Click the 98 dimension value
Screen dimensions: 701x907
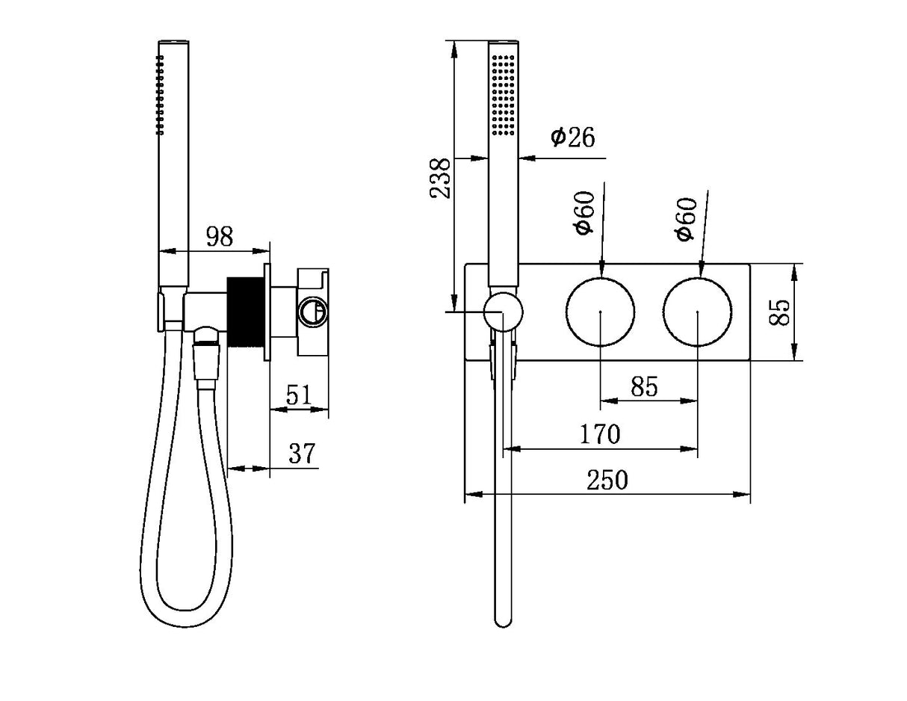(220, 237)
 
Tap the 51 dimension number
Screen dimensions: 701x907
(298, 395)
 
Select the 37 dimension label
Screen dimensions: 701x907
(302, 453)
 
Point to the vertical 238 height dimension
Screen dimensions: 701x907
(441, 177)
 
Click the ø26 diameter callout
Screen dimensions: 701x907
(573, 138)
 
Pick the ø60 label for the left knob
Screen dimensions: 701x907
(584, 213)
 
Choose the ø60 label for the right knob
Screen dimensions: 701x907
(685, 218)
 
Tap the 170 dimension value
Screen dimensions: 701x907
(600, 433)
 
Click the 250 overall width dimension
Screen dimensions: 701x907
(607, 480)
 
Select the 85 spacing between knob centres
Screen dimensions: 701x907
(643, 386)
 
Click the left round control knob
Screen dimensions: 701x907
(601, 312)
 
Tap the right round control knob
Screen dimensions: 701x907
(698, 312)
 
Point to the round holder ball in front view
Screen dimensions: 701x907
(503, 312)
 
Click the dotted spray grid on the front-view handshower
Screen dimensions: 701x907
(503, 93)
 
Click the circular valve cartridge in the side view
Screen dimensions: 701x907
(312, 311)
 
